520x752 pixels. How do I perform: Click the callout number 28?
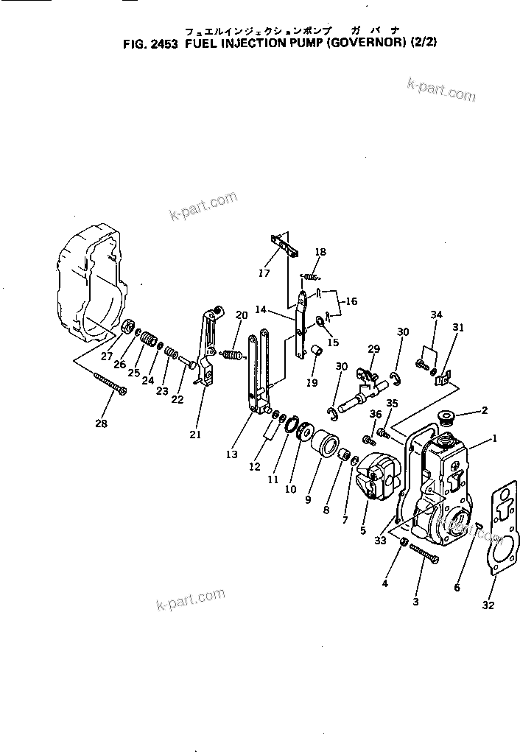point(101,424)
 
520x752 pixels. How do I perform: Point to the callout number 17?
point(264,273)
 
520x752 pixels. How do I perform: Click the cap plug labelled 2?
point(446,419)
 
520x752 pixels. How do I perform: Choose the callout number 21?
point(194,434)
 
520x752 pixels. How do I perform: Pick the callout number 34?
point(437,315)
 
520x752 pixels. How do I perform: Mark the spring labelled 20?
point(232,356)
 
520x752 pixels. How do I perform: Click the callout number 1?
point(495,438)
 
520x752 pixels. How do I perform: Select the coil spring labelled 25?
point(150,340)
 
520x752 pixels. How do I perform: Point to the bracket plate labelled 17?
point(284,245)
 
